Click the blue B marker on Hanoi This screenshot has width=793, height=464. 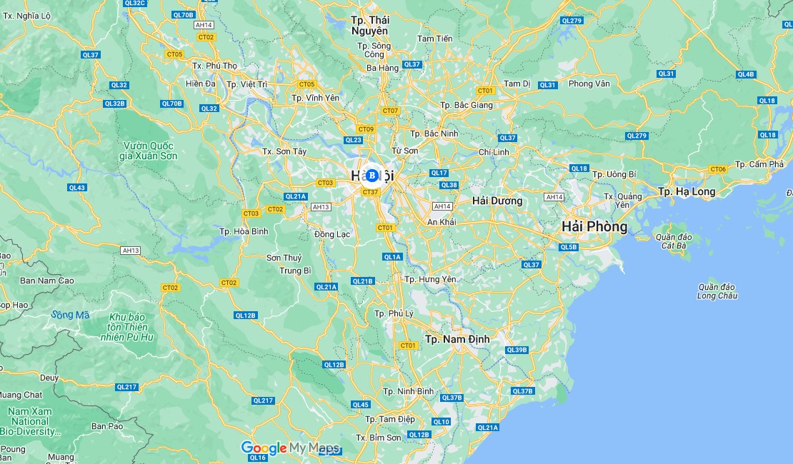371,175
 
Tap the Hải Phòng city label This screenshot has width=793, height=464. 594,226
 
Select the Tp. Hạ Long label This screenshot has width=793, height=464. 686,191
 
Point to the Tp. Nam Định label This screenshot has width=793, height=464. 457,339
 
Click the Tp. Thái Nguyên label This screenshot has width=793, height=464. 369,26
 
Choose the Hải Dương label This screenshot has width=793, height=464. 497,201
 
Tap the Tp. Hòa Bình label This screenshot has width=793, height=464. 244,231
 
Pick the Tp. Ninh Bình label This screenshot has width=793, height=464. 408,391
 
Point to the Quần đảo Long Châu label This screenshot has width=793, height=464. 717,291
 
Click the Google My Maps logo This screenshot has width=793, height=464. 290,448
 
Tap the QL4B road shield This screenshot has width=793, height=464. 745,74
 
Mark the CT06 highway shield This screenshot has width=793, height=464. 718,169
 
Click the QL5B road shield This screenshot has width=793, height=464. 568,247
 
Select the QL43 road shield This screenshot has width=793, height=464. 77,188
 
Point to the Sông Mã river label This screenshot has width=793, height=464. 71,315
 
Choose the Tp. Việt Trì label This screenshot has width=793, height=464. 246,84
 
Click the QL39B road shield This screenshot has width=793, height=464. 516,350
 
